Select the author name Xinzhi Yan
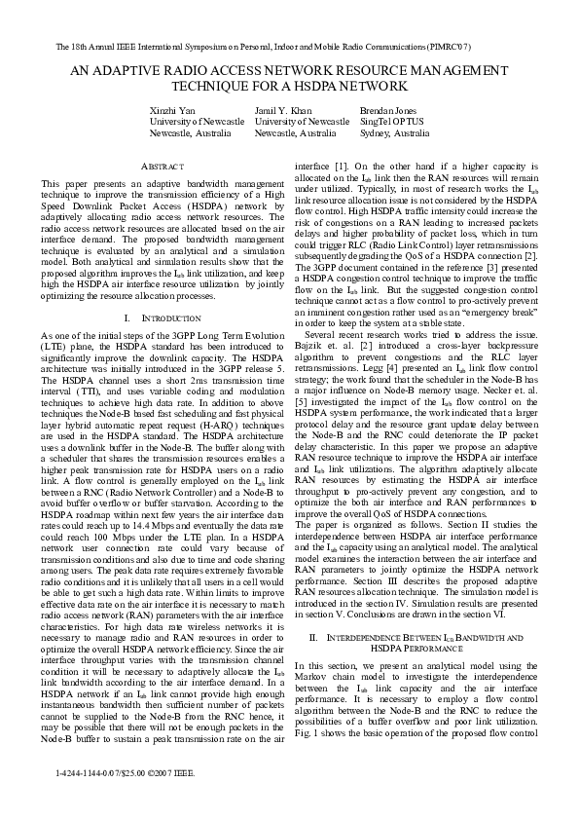pyautogui.click(x=172, y=110)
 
